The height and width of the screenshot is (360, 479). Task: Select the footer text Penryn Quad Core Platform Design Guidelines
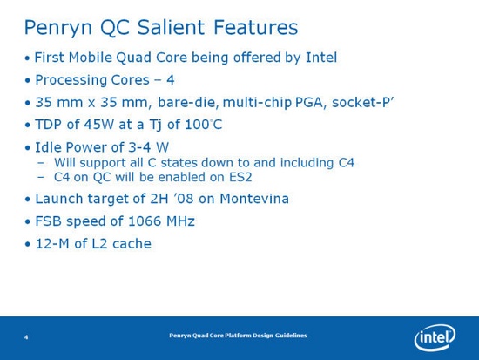237,336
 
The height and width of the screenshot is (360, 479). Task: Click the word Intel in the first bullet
320,58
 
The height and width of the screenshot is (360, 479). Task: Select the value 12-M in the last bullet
51,244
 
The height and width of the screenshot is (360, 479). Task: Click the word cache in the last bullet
132,244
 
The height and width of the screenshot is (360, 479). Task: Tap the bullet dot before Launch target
27,200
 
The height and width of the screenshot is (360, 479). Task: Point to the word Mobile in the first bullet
95,58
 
